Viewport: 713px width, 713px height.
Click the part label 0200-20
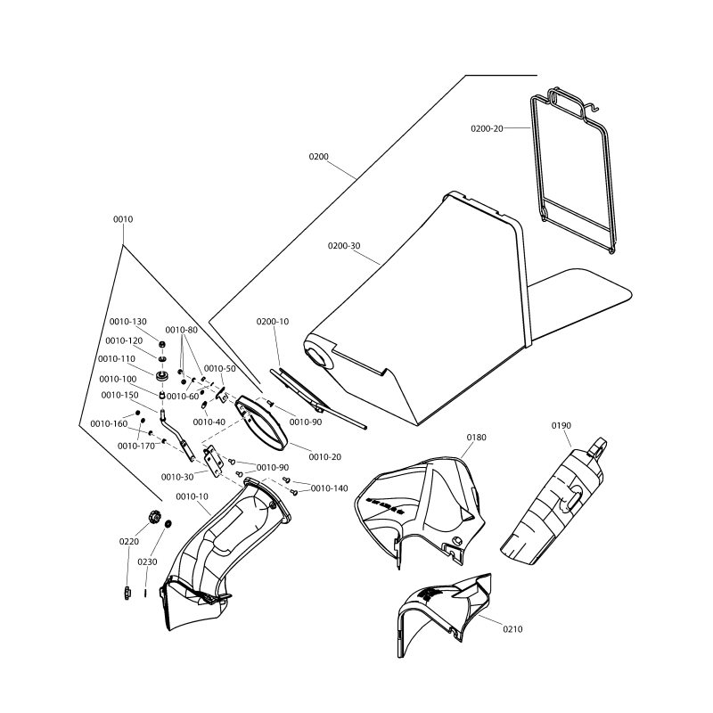pyautogui.click(x=487, y=128)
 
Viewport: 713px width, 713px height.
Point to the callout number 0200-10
pyautogui.click(x=273, y=321)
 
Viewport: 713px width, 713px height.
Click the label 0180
pyautogui.click(x=477, y=438)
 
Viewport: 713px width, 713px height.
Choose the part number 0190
pyautogui.click(x=561, y=426)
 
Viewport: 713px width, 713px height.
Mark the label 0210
pyautogui.click(x=512, y=629)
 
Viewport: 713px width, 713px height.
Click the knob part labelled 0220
pyautogui.click(x=153, y=516)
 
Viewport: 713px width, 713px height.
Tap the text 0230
pyautogui.click(x=148, y=562)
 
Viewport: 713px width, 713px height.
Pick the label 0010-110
pyautogui.click(x=116, y=359)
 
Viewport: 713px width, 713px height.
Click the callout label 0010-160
pyautogui.click(x=109, y=424)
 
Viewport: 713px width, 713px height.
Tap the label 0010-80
pyautogui.click(x=181, y=330)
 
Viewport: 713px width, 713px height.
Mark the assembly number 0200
pyautogui.click(x=319, y=157)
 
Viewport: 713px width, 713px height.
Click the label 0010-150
pyautogui.click(x=119, y=395)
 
